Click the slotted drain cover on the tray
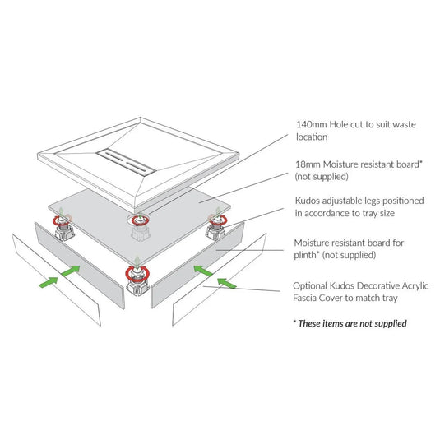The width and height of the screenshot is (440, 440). [x=126, y=162]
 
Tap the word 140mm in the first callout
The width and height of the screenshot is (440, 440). [x=312, y=124]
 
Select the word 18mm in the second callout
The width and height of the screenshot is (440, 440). [x=308, y=164]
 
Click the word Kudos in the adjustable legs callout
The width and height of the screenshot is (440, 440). [x=308, y=201]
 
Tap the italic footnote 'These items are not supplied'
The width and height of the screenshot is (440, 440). [x=352, y=323]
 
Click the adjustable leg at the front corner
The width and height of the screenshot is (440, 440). [x=137, y=281]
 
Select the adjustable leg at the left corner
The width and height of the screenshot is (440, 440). [x=63, y=228]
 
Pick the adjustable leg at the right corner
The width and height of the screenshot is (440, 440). [x=216, y=227]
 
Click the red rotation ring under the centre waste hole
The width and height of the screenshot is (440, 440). [x=140, y=220]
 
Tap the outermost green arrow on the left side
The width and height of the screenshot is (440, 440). [x=49, y=282]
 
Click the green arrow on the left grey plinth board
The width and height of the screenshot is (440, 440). [x=70, y=271]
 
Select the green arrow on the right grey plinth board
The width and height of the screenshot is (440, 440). [x=203, y=271]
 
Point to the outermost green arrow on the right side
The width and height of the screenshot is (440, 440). [x=227, y=283]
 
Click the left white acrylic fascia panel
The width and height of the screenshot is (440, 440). [x=56, y=280]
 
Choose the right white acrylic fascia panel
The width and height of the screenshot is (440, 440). [x=219, y=279]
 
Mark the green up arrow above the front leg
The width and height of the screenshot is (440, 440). [x=137, y=262]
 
